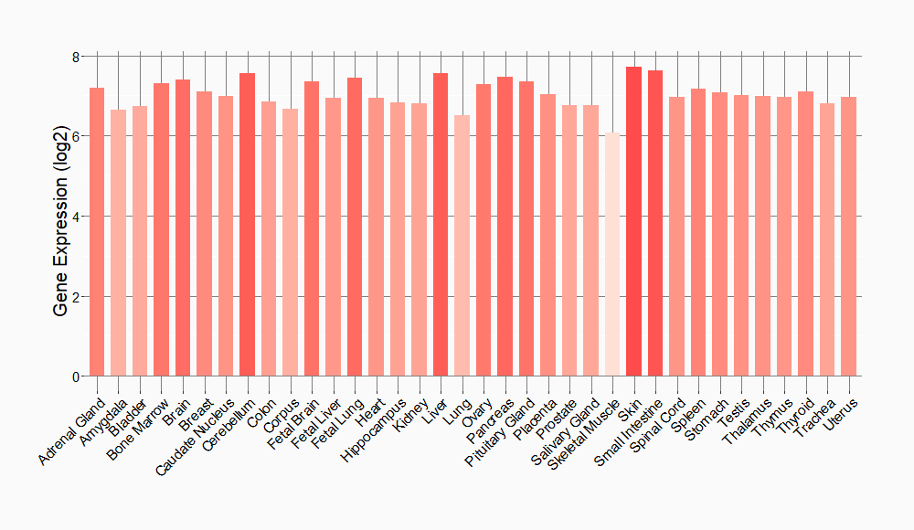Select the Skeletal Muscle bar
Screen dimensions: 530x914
(612, 255)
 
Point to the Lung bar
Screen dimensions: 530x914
(462, 246)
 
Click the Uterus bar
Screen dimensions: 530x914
(848, 237)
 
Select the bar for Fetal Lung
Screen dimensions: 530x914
(355, 228)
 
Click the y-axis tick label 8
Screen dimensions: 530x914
(77, 57)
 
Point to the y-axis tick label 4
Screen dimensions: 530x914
(77, 217)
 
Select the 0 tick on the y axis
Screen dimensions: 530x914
(77, 376)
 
